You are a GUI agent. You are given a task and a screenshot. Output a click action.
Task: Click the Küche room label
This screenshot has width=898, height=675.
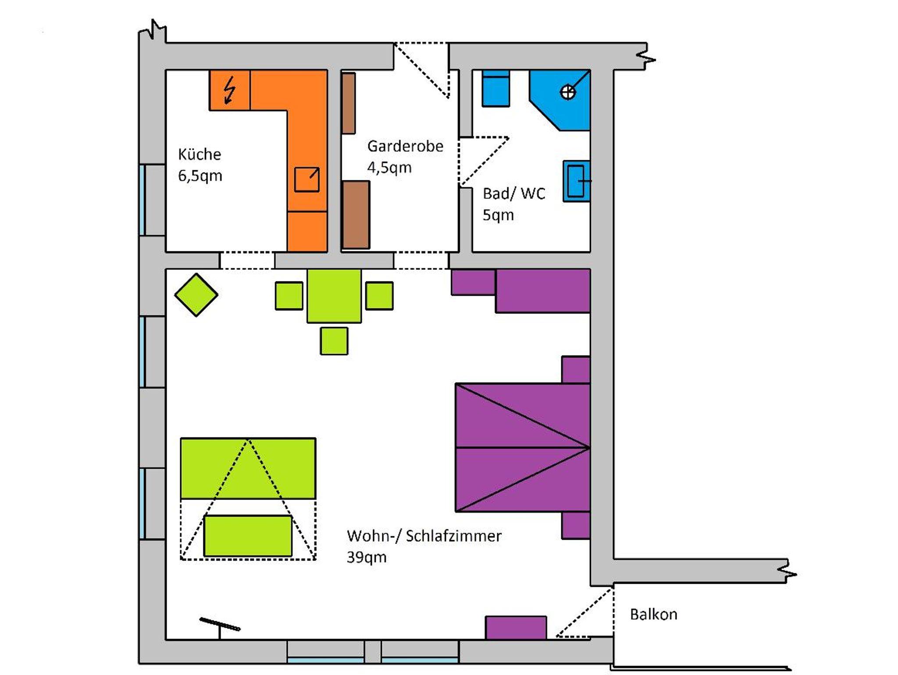click(200, 154)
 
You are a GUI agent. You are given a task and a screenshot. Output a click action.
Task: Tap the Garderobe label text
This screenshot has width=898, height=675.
click(405, 146)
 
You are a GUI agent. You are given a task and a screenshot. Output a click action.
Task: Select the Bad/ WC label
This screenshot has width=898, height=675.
click(514, 194)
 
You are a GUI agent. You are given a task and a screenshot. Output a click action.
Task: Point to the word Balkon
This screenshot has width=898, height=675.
click(653, 614)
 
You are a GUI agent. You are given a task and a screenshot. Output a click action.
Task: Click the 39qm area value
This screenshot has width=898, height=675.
click(367, 557)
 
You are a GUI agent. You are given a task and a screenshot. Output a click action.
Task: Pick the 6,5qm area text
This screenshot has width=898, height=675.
click(200, 176)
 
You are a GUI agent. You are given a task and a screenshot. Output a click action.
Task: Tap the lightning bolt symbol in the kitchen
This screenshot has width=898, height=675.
click(229, 90)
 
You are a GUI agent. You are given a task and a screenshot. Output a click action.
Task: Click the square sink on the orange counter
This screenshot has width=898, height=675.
click(306, 180)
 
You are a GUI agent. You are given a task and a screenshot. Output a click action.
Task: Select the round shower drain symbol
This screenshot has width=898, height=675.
click(568, 92)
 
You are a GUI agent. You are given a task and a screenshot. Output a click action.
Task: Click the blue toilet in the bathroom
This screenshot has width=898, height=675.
click(495, 88)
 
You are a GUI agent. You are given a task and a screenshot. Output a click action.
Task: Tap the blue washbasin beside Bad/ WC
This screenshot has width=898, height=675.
click(577, 181)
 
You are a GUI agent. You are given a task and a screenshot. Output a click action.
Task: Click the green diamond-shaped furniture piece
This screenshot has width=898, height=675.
click(196, 295)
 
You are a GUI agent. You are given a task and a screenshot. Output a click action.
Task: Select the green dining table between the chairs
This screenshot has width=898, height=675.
click(334, 296)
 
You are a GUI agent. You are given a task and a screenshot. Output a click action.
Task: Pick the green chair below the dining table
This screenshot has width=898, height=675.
click(334, 341)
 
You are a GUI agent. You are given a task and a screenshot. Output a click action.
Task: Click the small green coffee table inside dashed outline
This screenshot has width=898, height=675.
click(248, 536)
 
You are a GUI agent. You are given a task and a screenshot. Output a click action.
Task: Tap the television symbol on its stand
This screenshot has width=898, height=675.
click(220, 625)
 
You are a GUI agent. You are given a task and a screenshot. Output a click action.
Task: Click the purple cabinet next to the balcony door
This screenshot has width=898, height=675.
click(516, 628)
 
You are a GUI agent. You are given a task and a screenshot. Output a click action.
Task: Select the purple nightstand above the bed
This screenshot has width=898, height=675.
click(576, 370)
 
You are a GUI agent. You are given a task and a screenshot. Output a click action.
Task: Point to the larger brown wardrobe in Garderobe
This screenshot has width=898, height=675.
click(356, 215)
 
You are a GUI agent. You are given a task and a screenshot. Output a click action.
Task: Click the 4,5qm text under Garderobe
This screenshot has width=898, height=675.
click(389, 168)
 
